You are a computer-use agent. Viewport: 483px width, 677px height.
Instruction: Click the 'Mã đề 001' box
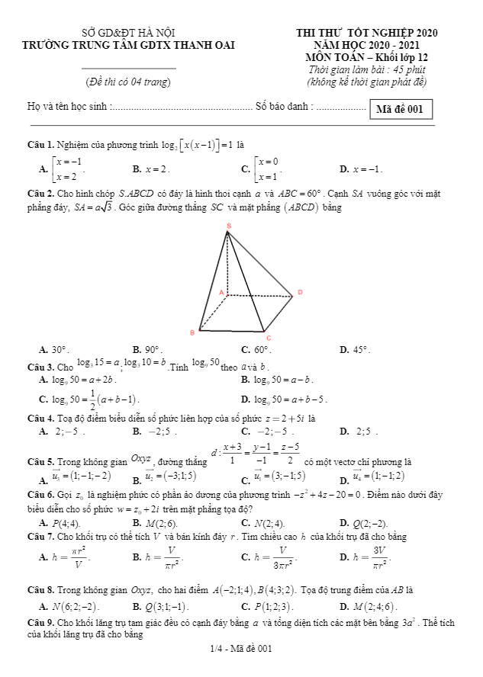(400, 109)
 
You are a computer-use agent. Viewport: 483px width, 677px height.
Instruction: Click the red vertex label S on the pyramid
(227, 226)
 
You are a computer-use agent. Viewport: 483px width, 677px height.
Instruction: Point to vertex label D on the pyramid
(300, 292)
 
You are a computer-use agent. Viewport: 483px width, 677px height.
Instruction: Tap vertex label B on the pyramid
(192, 332)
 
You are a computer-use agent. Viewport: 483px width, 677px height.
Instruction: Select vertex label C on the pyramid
(269, 338)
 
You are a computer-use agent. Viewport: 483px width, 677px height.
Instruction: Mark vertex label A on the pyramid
(221, 292)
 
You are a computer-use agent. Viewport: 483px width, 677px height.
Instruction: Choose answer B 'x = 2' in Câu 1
(156, 168)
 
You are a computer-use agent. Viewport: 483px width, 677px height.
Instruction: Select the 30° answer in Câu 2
(59, 350)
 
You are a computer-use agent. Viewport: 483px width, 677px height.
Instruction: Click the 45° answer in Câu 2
(359, 350)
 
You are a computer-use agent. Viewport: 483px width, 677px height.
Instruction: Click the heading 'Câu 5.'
(40, 462)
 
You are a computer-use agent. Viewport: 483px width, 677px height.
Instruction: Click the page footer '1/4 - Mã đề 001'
(241, 649)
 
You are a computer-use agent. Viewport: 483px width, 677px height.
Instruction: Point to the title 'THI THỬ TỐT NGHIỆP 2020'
(366, 34)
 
